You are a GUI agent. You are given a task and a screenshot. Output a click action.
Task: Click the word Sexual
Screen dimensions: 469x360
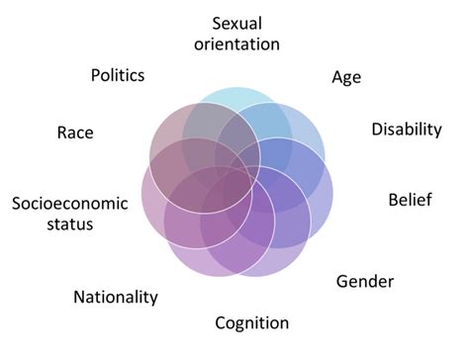(x=245, y=22)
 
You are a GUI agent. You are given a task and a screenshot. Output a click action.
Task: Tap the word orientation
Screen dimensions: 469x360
(x=245, y=44)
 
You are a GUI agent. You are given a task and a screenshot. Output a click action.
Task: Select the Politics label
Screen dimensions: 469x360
(x=117, y=75)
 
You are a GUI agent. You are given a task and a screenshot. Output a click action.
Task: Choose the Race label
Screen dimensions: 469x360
(x=75, y=132)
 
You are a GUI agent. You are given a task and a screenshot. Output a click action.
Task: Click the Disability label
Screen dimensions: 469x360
(x=406, y=130)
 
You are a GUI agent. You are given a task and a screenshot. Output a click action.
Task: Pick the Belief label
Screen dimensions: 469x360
(x=410, y=202)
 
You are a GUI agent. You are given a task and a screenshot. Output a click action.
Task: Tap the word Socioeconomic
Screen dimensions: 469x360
(x=70, y=204)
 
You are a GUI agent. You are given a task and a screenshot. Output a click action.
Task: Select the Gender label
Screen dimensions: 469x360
(x=365, y=281)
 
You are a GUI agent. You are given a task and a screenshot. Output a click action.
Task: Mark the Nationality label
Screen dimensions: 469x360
(x=116, y=297)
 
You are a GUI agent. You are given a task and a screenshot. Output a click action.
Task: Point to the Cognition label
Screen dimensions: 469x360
(x=252, y=322)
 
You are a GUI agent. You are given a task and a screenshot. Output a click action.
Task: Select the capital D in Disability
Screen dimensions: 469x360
(x=377, y=130)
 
